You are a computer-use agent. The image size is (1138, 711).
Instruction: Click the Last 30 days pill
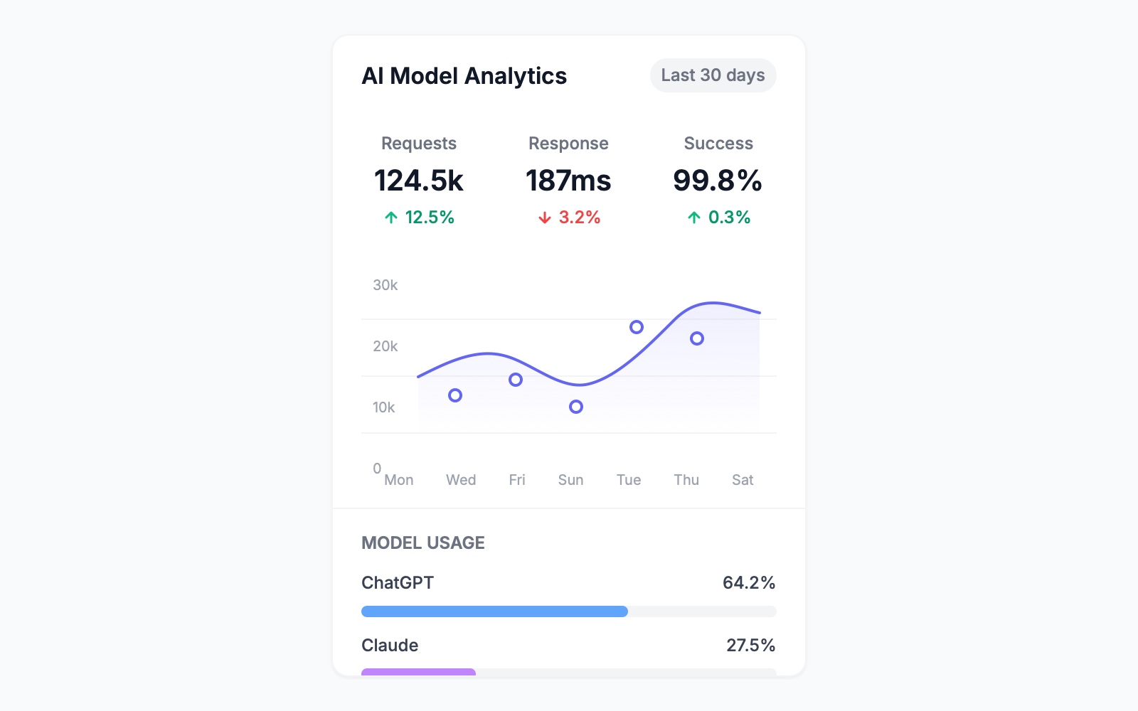713,75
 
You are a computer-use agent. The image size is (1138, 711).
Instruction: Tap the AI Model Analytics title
464,76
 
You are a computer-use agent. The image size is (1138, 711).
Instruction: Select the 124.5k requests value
419,181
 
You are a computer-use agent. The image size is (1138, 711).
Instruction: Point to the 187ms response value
568,181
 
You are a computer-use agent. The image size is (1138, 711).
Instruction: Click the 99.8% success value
718,181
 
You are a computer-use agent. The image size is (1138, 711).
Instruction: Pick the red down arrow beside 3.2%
545,218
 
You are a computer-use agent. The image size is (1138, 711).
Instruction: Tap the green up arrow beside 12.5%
391,218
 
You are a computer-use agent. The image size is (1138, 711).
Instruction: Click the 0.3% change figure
729,218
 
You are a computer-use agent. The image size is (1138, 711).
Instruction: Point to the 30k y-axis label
385,285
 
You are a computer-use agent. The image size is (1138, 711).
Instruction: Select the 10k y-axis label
383,407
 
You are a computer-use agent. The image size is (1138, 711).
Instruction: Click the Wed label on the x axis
461,480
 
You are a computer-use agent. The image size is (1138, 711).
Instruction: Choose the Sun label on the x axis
570,480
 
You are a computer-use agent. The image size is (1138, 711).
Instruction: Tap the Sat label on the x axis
743,480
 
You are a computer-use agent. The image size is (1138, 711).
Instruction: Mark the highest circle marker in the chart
637,327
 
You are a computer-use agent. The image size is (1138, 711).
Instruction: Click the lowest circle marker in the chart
576,407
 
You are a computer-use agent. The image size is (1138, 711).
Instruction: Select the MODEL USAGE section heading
423,543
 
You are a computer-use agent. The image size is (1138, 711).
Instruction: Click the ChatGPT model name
398,583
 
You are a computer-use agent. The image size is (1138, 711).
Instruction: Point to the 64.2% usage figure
748,583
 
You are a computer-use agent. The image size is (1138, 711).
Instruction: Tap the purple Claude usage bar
418,672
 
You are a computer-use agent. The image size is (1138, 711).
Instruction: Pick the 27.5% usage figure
750,646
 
